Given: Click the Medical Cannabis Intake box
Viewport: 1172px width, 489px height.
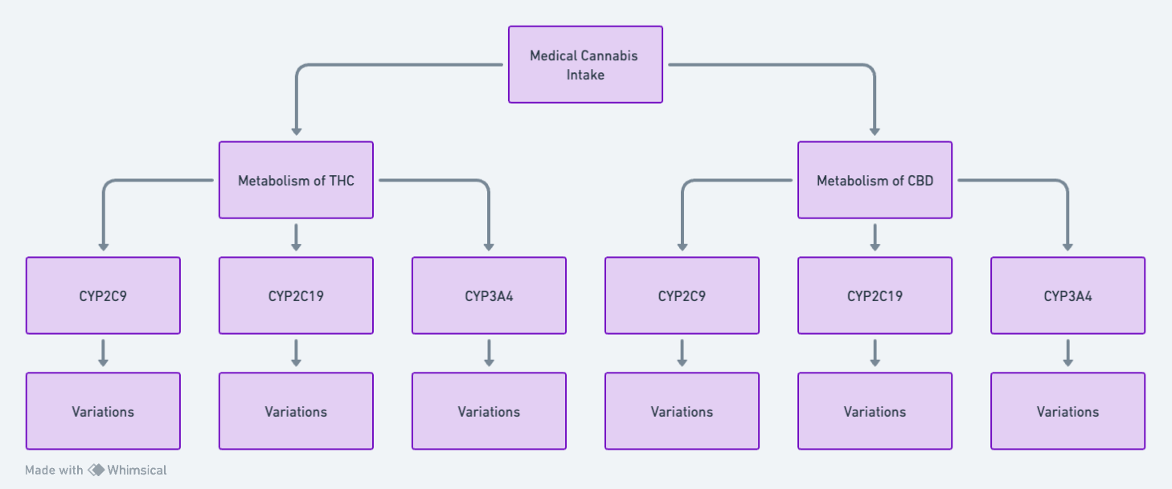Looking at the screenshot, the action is pos(585,64).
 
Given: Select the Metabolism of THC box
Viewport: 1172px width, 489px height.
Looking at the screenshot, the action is pos(296,180).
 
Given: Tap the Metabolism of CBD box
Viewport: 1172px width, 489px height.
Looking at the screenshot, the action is pos(875,180).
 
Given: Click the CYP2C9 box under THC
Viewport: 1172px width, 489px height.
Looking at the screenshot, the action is pos(103,295).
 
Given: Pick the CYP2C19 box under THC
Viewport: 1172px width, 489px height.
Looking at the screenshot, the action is pos(296,295).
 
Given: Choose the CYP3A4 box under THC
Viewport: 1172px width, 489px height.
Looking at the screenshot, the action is pos(490,295).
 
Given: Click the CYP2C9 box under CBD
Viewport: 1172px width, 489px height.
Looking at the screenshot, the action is pos(682,295).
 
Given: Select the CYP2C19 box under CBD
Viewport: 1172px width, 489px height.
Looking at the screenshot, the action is pos(875,295).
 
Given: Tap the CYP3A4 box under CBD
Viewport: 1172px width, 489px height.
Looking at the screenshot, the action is pos(1068,295).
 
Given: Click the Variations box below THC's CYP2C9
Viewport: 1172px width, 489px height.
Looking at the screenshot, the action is pos(103,411).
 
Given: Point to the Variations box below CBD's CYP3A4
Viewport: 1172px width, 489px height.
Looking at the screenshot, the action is pos(1068,411).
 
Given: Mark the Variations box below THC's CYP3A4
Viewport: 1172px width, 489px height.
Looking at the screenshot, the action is pos(490,411).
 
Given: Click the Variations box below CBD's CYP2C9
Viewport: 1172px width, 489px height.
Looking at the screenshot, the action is pos(682,411).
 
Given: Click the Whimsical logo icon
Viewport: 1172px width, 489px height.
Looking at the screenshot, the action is pos(96,471).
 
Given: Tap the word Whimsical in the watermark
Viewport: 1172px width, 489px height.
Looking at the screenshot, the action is pos(137,471).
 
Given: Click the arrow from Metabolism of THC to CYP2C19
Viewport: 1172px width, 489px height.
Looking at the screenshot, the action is pos(296,238).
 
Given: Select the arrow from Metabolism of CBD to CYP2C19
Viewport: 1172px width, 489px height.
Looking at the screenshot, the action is pos(875,238).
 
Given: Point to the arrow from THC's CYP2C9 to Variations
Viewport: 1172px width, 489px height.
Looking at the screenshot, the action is pos(103,353).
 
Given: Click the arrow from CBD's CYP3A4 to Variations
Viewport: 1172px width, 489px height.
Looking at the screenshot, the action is pos(1068,353).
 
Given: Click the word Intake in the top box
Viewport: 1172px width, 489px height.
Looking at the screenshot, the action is pos(585,75).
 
